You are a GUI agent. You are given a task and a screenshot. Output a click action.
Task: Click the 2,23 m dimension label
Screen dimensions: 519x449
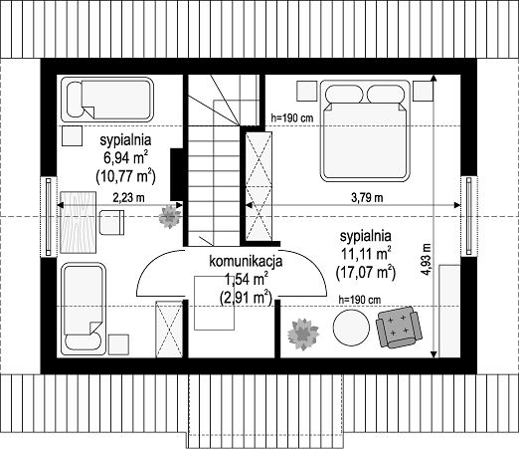[128, 198]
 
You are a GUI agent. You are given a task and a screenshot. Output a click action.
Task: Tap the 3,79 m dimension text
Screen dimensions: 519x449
[367, 198]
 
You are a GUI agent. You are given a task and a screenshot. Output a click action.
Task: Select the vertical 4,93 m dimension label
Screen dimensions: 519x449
[427, 259]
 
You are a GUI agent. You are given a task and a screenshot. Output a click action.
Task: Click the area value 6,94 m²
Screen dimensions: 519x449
[125, 157]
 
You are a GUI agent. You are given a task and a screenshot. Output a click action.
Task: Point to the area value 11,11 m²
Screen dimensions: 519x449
[366, 254]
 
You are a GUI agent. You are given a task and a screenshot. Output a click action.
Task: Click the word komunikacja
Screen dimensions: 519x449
[246, 261]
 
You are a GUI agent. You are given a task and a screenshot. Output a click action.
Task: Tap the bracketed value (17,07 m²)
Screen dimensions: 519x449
[366, 273]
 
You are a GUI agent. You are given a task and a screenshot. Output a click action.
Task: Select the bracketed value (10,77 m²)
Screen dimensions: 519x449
[125, 176]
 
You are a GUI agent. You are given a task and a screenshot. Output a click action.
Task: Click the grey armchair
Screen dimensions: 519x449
[399, 327]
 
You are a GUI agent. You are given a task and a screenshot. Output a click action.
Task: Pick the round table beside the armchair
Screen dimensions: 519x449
[351, 328]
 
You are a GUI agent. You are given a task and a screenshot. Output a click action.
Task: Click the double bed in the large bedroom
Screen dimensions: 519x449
[365, 130]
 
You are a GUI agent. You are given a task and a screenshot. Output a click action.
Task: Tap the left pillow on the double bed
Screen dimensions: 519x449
[344, 94]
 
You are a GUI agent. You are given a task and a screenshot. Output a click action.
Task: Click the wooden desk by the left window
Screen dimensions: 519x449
[78, 222]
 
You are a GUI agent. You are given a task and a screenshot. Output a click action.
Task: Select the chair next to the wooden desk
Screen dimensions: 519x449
[111, 222]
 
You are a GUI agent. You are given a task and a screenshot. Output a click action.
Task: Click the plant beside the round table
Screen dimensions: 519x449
[303, 335]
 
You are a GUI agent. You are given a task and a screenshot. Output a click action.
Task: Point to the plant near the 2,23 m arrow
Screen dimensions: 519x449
[170, 217]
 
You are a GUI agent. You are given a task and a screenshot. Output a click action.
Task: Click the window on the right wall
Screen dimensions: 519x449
[469, 216]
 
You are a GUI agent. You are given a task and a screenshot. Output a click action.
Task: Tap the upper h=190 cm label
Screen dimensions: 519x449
[292, 117]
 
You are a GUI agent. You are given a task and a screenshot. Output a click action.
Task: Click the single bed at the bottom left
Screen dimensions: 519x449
[84, 309]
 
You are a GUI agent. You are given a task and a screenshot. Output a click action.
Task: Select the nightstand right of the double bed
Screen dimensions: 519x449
[423, 91]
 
